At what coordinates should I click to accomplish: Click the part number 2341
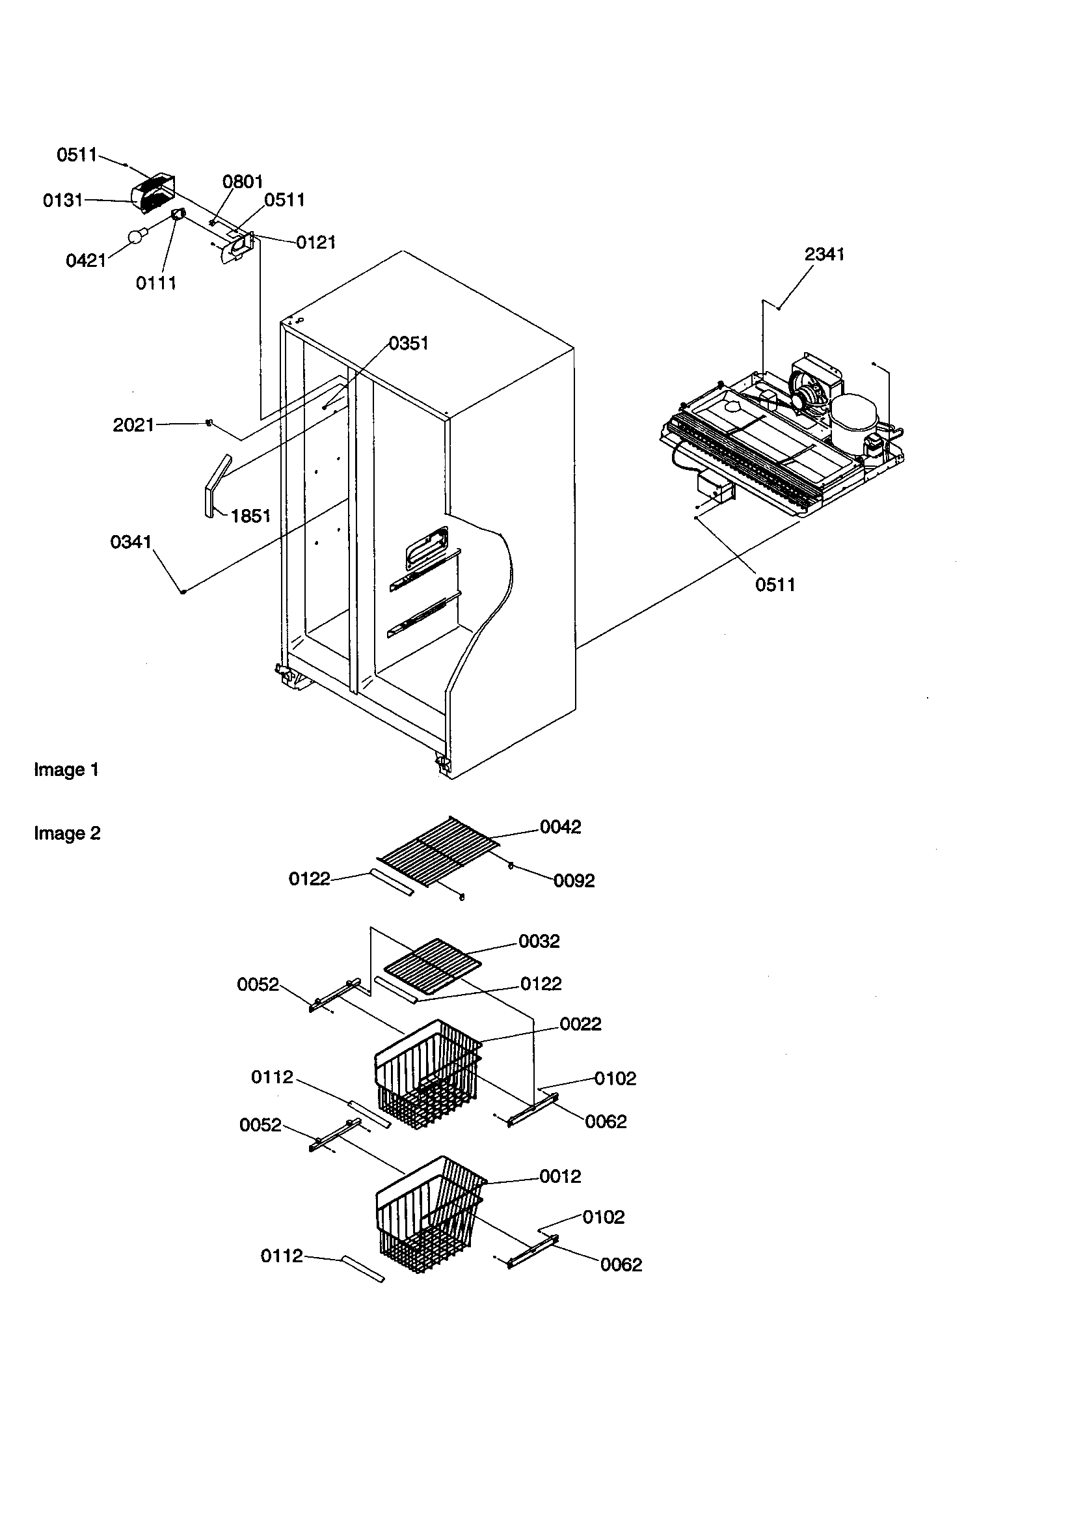pyautogui.click(x=824, y=255)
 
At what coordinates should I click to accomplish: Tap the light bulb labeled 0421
pyautogui.click(x=137, y=237)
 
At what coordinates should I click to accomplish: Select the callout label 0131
pyautogui.click(x=63, y=201)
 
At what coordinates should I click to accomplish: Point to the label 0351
pyautogui.click(x=408, y=343)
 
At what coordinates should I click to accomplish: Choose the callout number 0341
pyautogui.click(x=131, y=542)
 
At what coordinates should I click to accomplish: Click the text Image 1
pyautogui.click(x=66, y=769)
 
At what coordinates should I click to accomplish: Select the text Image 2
pyautogui.click(x=67, y=833)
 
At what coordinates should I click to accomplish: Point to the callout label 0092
pyautogui.click(x=574, y=880)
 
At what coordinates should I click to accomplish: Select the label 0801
pyautogui.click(x=243, y=182)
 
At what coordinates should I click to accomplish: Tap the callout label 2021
pyautogui.click(x=133, y=425)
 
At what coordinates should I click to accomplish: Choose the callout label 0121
pyautogui.click(x=315, y=243)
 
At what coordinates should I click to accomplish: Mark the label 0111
pyautogui.click(x=155, y=283)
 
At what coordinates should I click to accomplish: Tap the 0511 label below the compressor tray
pyautogui.click(x=775, y=585)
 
